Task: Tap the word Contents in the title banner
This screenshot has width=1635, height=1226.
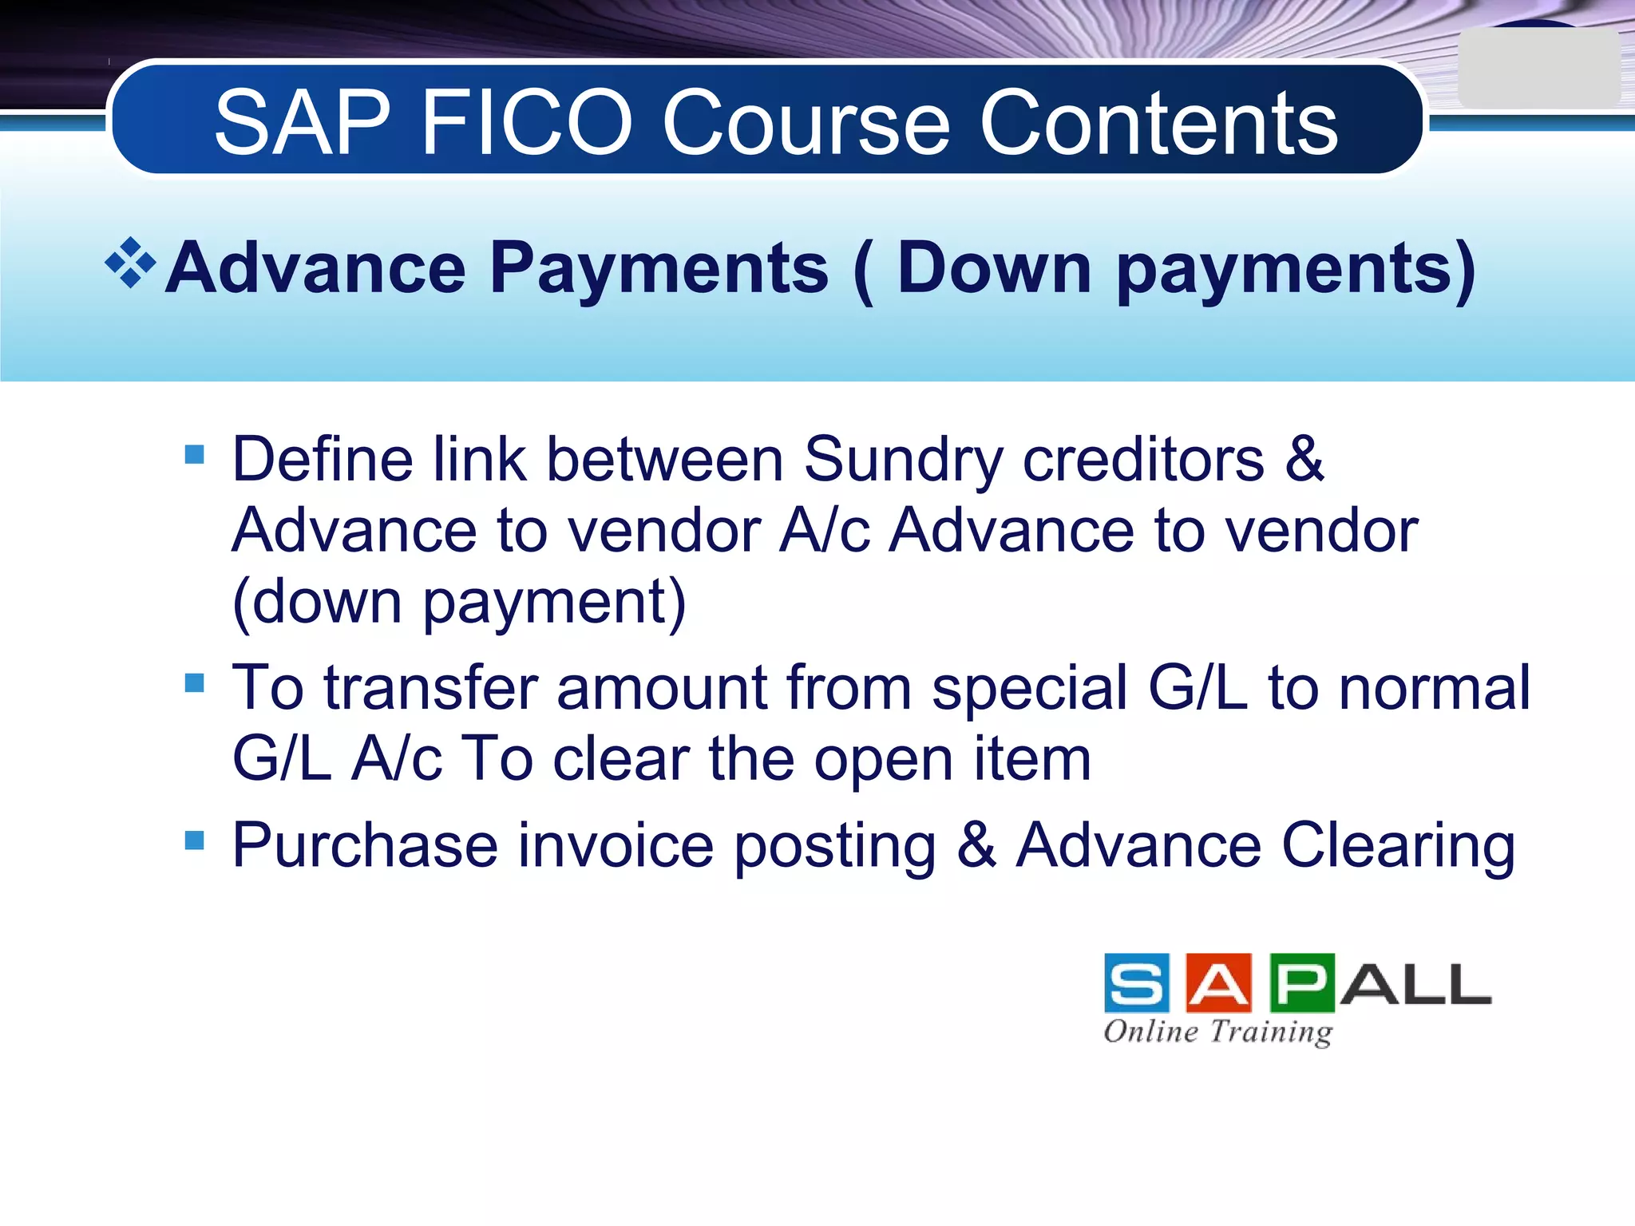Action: pos(1158,123)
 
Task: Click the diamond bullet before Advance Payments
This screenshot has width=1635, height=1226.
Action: pos(130,263)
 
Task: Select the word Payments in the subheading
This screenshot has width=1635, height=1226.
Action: pos(659,270)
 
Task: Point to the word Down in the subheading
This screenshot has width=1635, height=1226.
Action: pos(994,268)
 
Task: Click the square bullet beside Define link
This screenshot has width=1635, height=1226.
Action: pos(195,454)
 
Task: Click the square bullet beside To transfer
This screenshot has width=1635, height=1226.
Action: pos(195,682)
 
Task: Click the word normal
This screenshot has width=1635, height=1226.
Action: pos(1434,688)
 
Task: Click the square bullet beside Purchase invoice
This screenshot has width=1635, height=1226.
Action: pos(195,840)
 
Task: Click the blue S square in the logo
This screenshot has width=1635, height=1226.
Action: pos(1137,983)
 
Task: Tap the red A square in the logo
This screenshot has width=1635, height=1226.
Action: pos(1219,983)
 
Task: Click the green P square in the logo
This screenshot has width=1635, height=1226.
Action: pos(1302,983)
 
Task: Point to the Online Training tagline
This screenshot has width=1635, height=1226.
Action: pos(1218,1032)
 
